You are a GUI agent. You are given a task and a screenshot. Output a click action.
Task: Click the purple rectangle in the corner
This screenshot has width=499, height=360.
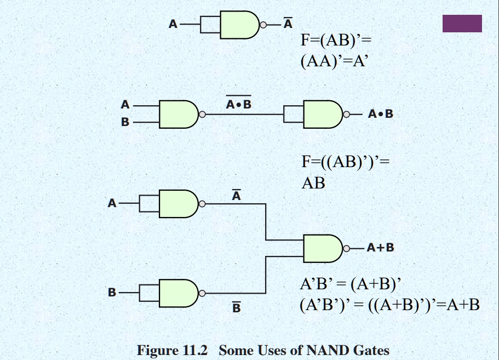point(462,24)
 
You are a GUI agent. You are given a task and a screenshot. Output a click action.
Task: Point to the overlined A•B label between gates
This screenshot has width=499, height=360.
point(239,103)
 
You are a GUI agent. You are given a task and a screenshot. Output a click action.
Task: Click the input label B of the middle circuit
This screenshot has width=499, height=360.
point(125,122)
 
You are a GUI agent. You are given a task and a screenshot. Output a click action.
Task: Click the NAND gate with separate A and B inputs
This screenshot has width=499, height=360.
point(178,114)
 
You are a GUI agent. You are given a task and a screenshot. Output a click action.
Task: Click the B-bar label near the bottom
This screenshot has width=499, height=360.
point(236,308)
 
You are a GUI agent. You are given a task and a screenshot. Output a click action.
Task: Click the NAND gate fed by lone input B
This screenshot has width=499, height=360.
point(178,293)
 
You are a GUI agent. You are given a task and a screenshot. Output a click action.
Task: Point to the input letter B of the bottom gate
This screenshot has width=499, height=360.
point(112,293)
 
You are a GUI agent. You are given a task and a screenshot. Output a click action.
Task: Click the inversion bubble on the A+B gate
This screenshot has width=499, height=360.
point(346,248)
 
